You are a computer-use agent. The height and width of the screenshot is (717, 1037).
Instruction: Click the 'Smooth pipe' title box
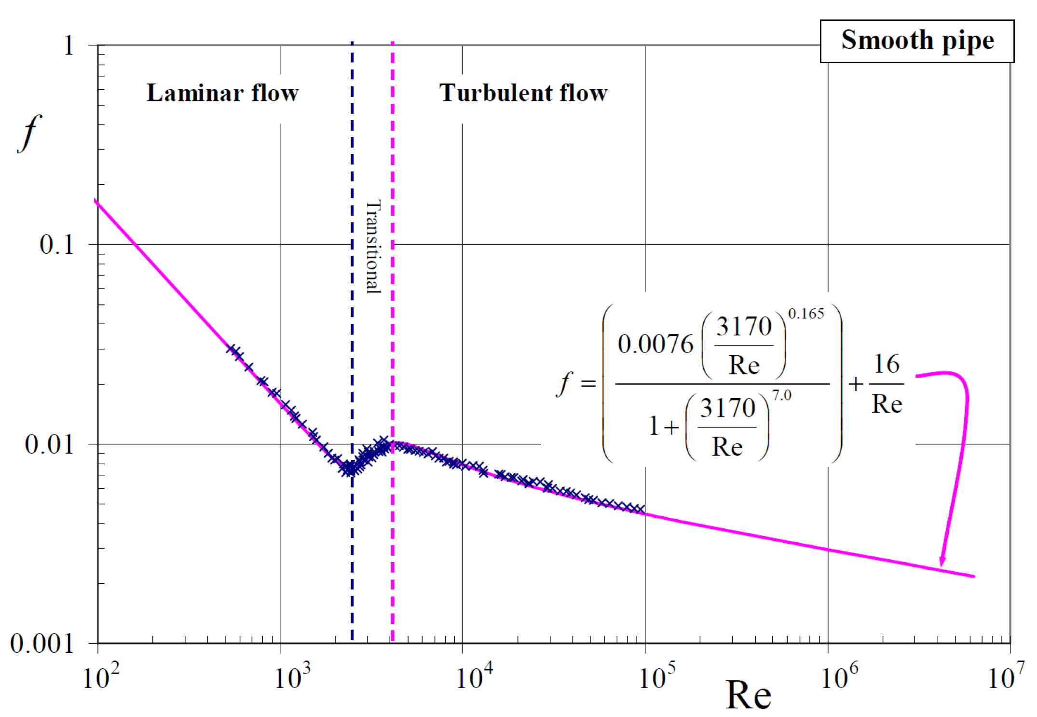(x=917, y=41)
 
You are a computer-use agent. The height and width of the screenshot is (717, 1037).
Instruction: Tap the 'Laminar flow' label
(x=222, y=93)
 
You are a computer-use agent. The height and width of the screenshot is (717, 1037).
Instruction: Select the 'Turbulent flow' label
(x=523, y=93)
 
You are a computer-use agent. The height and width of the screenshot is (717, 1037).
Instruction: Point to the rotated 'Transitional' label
(x=373, y=247)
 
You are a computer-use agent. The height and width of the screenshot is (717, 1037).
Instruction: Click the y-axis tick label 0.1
(x=56, y=245)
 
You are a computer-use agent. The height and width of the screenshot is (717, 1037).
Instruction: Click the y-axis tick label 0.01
(x=49, y=444)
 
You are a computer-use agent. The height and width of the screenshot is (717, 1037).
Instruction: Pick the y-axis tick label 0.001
(x=42, y=644)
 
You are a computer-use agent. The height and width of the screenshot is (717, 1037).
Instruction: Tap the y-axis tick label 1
(x=69, y=46)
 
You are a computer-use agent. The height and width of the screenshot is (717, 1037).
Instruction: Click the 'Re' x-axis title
(x=748, y=695)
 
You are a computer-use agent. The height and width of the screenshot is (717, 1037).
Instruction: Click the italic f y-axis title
(x=30, y=133)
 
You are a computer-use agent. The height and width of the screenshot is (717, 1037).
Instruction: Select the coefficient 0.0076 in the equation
(x=655, y=345)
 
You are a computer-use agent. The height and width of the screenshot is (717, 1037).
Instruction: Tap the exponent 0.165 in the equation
(x=806, y=314)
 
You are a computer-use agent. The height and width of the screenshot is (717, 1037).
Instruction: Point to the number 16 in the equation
(x=887, y=364)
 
